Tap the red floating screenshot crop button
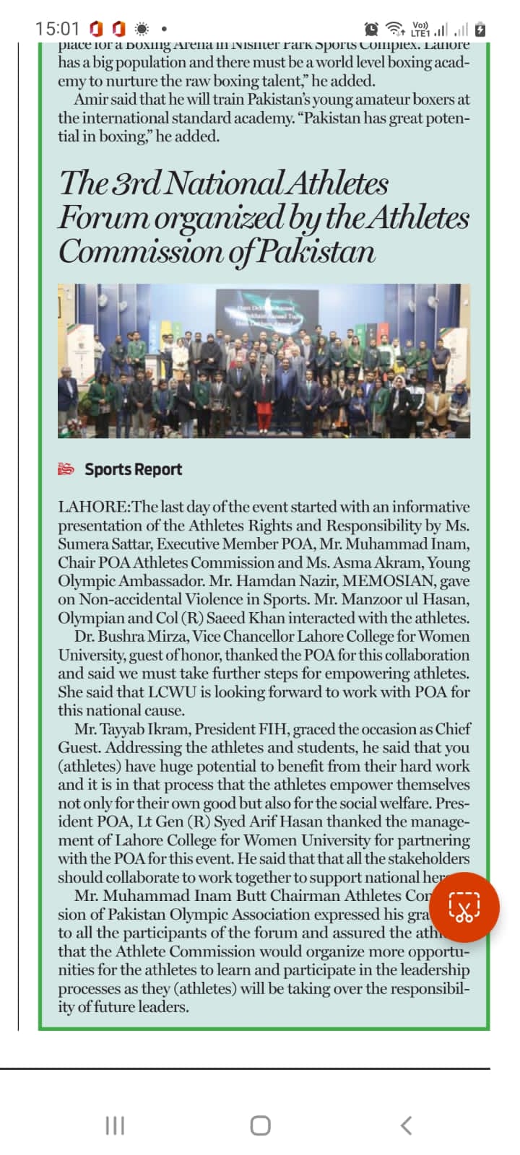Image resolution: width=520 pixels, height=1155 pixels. point(464,907)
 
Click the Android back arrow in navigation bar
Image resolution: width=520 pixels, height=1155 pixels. point(407,1125)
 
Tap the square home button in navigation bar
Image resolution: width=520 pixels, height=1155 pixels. point(260,1125)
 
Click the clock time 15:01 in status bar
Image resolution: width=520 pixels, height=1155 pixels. point(57,29)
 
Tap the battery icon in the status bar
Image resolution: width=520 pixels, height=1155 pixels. point(481,30)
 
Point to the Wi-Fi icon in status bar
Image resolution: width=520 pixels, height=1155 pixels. point(394,30)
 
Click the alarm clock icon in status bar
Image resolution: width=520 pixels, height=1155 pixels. point(371,30)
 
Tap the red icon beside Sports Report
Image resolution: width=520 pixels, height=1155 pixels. point(66,469)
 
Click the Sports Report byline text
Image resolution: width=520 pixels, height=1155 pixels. point(133,469)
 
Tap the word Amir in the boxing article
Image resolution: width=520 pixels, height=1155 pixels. point(90,99)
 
